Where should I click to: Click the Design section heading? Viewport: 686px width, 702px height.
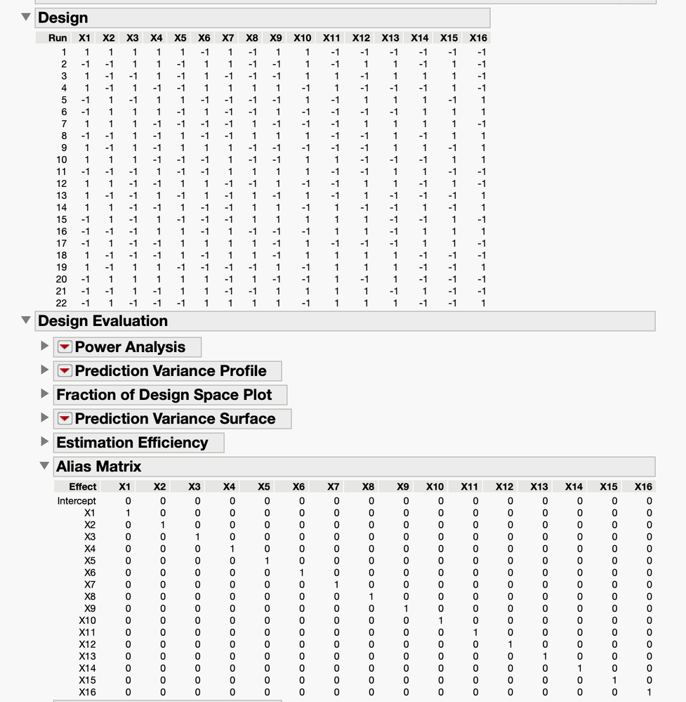63,18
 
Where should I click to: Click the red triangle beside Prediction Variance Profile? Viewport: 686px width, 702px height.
65,371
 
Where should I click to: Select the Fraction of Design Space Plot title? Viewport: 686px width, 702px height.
164,395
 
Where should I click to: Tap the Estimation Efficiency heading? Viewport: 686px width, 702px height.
132,443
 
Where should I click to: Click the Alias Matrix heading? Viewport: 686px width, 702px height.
98,467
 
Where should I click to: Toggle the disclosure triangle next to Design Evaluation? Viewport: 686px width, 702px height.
27,321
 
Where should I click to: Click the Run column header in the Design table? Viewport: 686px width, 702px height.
58,38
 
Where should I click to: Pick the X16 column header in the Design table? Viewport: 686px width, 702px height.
478,38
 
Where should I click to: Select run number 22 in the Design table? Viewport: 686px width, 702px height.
62,303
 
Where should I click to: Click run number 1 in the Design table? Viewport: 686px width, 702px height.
64,52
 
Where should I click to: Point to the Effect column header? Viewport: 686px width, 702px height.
83,486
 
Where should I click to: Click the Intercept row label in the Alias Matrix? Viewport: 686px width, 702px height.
77,501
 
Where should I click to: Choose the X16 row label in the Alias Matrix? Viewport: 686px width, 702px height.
87,692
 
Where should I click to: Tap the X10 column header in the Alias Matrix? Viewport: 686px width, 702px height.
435,486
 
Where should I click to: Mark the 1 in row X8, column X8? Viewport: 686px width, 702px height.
371,597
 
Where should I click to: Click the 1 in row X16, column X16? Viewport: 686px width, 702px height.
649,692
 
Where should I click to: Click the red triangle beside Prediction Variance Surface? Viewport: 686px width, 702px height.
65,419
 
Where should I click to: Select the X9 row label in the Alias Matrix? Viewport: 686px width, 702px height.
90,609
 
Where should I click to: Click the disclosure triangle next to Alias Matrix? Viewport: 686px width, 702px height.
45,466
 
